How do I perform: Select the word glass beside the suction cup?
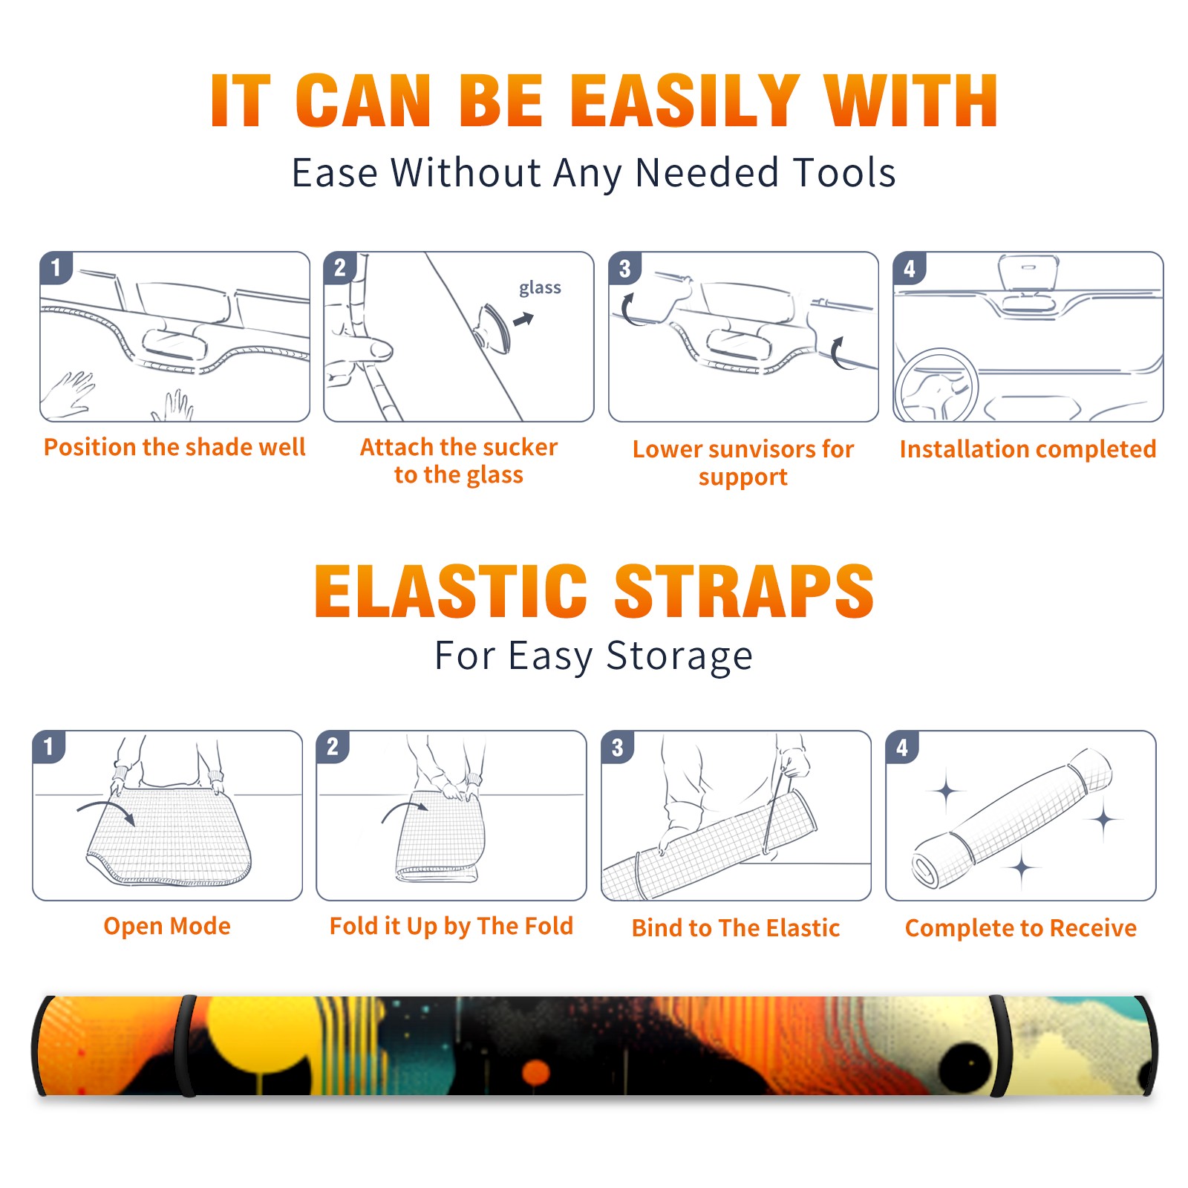point(540,288)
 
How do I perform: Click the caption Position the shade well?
point(174,447)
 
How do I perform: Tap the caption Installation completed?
point(1028,448)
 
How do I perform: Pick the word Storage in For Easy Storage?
point(679,656)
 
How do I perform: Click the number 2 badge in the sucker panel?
point(340,267)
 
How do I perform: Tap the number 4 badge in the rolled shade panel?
point(902,747)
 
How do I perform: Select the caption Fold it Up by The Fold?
point(451,926)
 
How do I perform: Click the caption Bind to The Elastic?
point(736,928)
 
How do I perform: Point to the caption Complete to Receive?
point(1021,928)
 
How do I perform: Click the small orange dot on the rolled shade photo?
point(535,1072)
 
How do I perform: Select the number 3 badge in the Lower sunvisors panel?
point(624,267)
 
